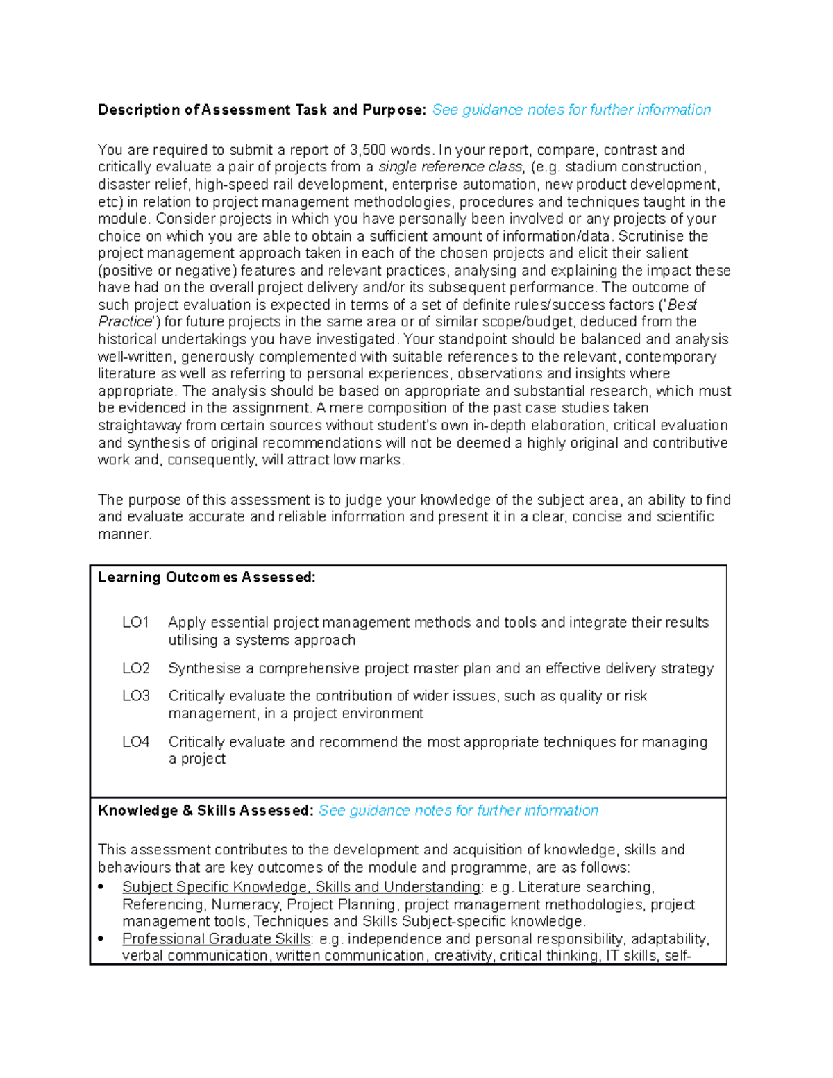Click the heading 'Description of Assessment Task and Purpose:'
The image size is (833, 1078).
[x=262, y=110]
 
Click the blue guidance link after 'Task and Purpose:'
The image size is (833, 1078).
[x=571, y=110]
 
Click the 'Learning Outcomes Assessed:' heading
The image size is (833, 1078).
[x=206, y=578]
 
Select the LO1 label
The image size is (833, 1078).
[x=135, y=623]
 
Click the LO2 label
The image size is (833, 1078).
[x=135, y=668]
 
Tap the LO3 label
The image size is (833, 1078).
[x=135, y=696]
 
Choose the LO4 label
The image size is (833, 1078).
[x=135, y=742]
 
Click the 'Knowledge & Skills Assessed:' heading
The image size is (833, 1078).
[x=205, y=811]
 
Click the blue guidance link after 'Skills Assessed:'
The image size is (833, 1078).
[x=458, y=811]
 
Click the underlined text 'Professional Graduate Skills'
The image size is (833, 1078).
[x=216, y=939]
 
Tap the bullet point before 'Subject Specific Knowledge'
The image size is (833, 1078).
[x=101, y=887]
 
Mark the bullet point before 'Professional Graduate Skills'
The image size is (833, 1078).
[x=101, y=939]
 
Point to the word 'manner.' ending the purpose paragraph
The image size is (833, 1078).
[x=124, y=534]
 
